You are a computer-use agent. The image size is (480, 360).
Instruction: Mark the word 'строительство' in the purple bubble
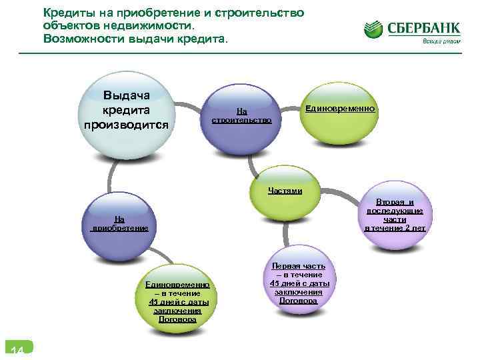pyautogui.click(x=241, y=121)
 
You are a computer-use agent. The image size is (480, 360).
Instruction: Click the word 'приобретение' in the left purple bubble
pyautogui.click(x=120, y=227)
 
